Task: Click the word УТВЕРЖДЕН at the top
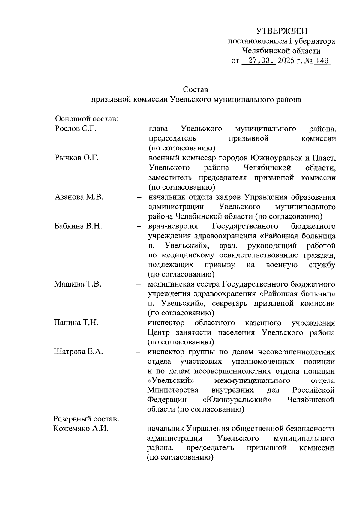(x=282, y=31)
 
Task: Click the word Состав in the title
(x=195, y=90)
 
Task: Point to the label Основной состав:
(x=87, y=119)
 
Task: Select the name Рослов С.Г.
(x=76, y=129)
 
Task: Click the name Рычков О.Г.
(x=77, y=158)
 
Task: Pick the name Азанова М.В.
(x=79, y=197)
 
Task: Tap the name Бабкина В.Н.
(x=78, y=226)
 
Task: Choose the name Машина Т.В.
(x=78, y=284)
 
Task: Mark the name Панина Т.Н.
(x=76, y=323)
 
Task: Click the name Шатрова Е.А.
(x=79, y=352)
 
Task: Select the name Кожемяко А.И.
(x=81, y=429)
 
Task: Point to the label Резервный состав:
(x=86, y=419)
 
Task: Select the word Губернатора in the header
(x=313, y=41)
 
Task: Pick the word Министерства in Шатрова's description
(x=173, y=390)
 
